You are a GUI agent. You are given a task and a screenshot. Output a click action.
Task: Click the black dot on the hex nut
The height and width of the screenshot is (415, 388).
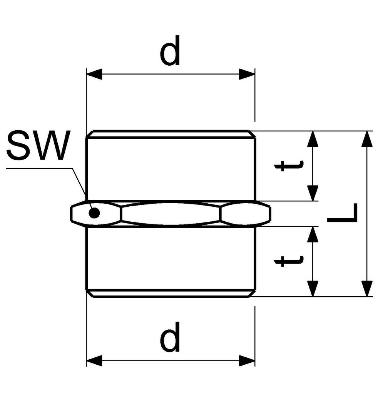[94, 212]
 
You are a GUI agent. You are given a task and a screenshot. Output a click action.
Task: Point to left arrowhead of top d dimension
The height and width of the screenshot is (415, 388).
[94, 74]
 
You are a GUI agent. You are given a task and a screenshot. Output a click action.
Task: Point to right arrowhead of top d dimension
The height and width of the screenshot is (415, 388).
[247, 74]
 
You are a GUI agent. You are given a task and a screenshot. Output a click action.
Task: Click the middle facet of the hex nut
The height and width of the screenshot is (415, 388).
[171, 213]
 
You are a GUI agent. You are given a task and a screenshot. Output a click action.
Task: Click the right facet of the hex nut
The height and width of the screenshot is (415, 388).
[245, 213]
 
